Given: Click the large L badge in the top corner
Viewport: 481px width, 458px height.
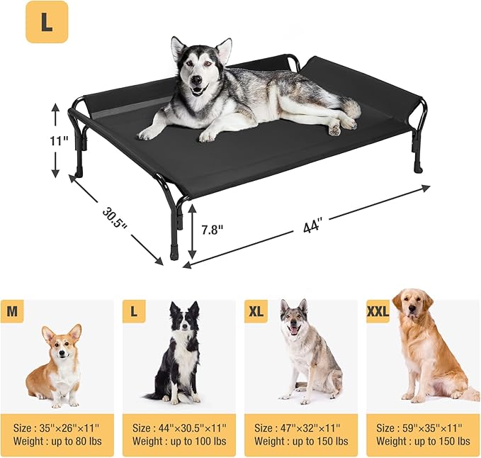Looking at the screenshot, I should tap(47, 22).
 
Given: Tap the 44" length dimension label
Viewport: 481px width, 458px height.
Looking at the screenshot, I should tap(312, 226).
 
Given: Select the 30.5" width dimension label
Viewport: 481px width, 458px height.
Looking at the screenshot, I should tap(114, 218).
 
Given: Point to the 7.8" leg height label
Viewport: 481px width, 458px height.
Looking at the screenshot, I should tap(212, 230).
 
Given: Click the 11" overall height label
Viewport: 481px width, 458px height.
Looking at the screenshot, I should tap(60, 140).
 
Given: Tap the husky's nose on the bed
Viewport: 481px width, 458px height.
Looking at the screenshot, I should tap(196, 83).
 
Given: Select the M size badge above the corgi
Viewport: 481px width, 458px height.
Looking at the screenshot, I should tap(13, 311).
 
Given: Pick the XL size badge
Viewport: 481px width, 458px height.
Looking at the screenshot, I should tap(256, 311).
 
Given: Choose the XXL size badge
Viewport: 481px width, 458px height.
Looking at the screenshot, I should tap(378, 311).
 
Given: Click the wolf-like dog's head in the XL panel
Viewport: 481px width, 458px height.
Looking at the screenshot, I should tap(294, 318).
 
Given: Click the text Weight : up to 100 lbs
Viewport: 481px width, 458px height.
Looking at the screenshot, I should tap(180, 442).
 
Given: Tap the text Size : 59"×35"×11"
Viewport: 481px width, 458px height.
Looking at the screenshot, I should tap(419, 428).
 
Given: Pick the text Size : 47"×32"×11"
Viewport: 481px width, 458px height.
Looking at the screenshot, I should tap(298, 428).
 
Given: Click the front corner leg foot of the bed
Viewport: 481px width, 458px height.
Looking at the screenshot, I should tap(174, 253).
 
